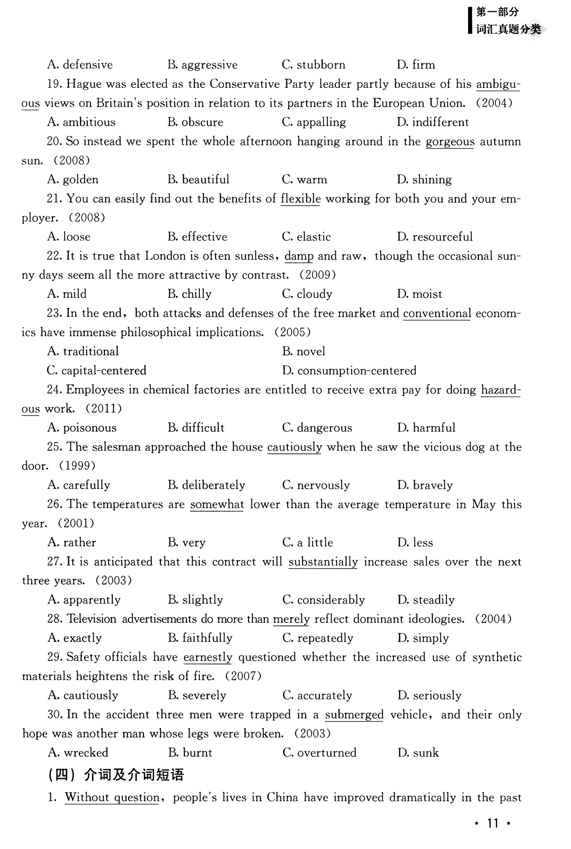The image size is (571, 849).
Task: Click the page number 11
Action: click(x=493, y=824)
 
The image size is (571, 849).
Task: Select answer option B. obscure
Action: click(x=195, y=122)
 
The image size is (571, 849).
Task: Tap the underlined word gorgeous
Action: click(x=450, y=142)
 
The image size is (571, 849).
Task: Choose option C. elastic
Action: click(x=306, y=237)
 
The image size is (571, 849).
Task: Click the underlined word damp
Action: click(x=299, y=256)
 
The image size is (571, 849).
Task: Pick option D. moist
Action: click(x=419, y=294)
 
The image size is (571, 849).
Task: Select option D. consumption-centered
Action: click(x=349, y=371)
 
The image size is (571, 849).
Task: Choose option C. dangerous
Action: click(x=317, y=428)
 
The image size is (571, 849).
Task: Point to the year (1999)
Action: click(x=77, y=466)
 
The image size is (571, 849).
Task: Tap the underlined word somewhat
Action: click(x=217, y=504)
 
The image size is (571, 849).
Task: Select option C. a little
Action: click(x=308, y=542)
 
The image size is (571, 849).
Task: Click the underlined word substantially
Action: click(x=323, y=562)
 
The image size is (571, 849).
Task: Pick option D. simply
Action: click(x=423, y=638)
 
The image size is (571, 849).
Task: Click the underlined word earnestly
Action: click(x=207, y=657)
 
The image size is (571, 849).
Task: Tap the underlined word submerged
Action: click(x=354, y=715)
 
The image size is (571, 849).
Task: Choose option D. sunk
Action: click(x=418, y=753)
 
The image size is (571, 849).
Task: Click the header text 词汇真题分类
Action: click(x=508, y=29)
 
